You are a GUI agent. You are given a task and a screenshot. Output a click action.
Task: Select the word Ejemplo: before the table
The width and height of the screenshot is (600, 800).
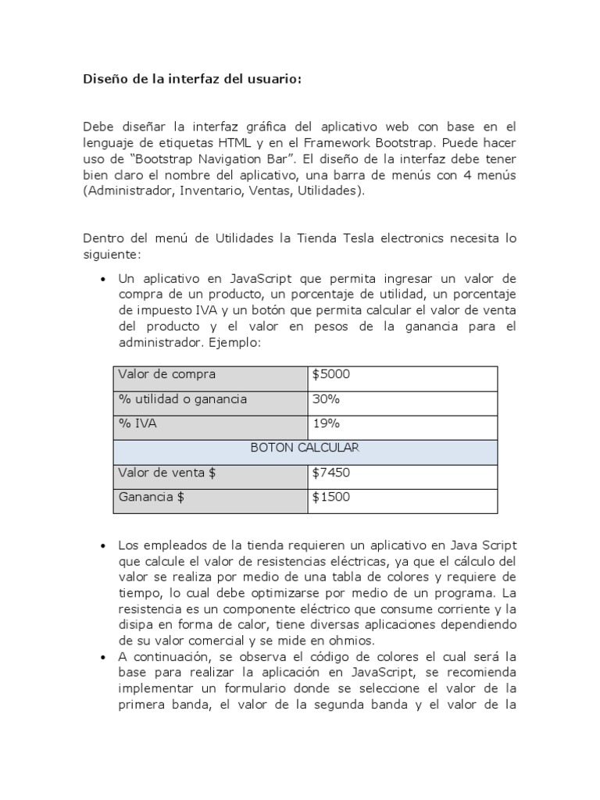point(233,343)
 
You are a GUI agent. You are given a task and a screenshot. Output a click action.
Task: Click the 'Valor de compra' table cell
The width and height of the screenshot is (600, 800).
point(166,375)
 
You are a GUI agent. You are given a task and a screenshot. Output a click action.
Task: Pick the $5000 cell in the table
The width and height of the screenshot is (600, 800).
point(331,375)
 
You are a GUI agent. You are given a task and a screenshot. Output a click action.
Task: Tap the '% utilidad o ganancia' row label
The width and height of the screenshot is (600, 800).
point(182,399)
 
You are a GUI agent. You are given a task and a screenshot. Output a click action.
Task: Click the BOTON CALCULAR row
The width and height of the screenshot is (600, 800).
point(305,448)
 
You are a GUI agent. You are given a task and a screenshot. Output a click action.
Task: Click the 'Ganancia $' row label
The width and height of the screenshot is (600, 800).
point(151,497)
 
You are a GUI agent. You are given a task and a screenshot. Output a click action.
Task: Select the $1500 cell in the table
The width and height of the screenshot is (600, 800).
point(331,497)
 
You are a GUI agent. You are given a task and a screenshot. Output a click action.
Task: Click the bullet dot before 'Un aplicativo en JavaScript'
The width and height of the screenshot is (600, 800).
point(103,280)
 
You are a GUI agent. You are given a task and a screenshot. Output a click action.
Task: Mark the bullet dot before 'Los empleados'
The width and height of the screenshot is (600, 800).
point(103,545)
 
